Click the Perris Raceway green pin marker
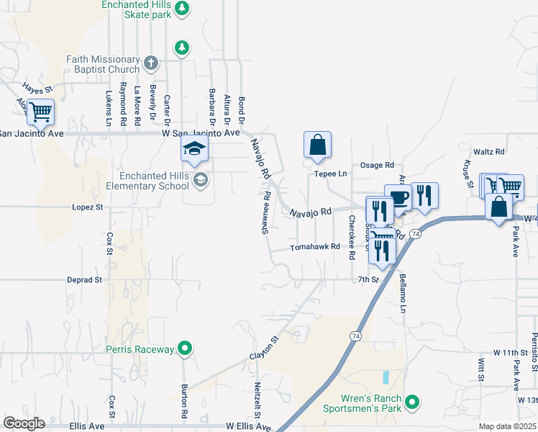(x=185, y=349)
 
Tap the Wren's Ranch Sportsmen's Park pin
(x=412, y=402)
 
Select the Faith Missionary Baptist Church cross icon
(x=150, y=63)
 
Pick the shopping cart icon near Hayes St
(x=42, y=112)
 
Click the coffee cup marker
(x=398, y=197)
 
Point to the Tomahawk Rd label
(x=314, y=247)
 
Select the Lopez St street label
(x=88, y=207)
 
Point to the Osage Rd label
(x=378, y=165)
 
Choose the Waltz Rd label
(x=489, y=152)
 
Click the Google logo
(x=24, y=423)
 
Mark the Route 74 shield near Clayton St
(x=355, y=336)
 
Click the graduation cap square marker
(x=193, y=150)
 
